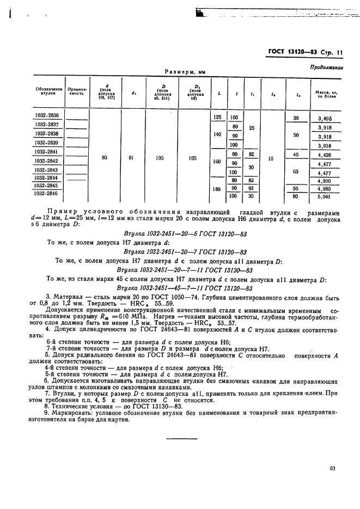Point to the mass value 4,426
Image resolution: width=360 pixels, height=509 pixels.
coord(326,155)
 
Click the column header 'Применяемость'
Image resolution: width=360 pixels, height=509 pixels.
coord(77,90)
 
